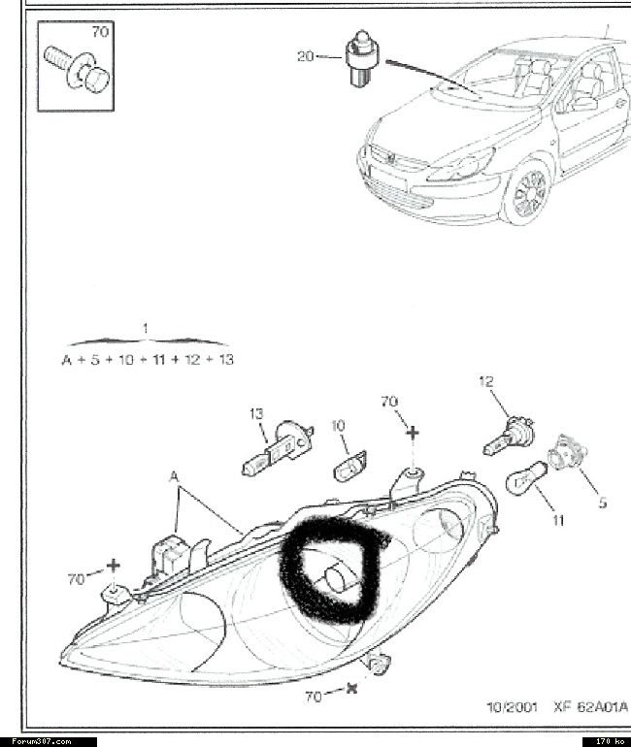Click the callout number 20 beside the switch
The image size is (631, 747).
pyautogui.click(x=306, y=56)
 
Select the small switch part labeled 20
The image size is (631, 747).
pyautogui.click(x=361, y=58)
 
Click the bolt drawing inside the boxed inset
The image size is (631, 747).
pyautogui.click(x=78, y=70)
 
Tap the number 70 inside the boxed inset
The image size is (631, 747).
pyautogui.click(x=100, y=32)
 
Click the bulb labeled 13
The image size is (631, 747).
pyautogui.click(x=278, y=449)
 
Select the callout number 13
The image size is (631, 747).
pyautogui.click(x=256, y=413)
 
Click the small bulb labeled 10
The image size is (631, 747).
pyautogui.click(x=349, y=466)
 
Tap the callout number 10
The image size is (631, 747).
pyautogui.click(x=338, y=426)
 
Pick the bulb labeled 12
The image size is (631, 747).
pyautogui.click(x=509, y=436)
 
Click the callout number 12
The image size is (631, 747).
pyautogui.click(x=486, y=381)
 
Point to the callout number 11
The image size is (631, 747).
pyautogui.click(x=558, y=520)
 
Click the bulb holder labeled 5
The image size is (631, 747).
pyautogui.click(x=567, y=452)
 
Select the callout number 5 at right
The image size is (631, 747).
pyautogui.click(x=603, y=503)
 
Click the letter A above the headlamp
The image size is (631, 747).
pyautogui.click(x=175, y=476)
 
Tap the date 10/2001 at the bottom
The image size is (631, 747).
pyautogui.click(x=512, y=707)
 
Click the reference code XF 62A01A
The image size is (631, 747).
pyautogui.click(x=591, y=707)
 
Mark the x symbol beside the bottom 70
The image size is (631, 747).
pyautogui.click(x=352, y=689)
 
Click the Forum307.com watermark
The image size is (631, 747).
pyautogui.click(x=42, y=741)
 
